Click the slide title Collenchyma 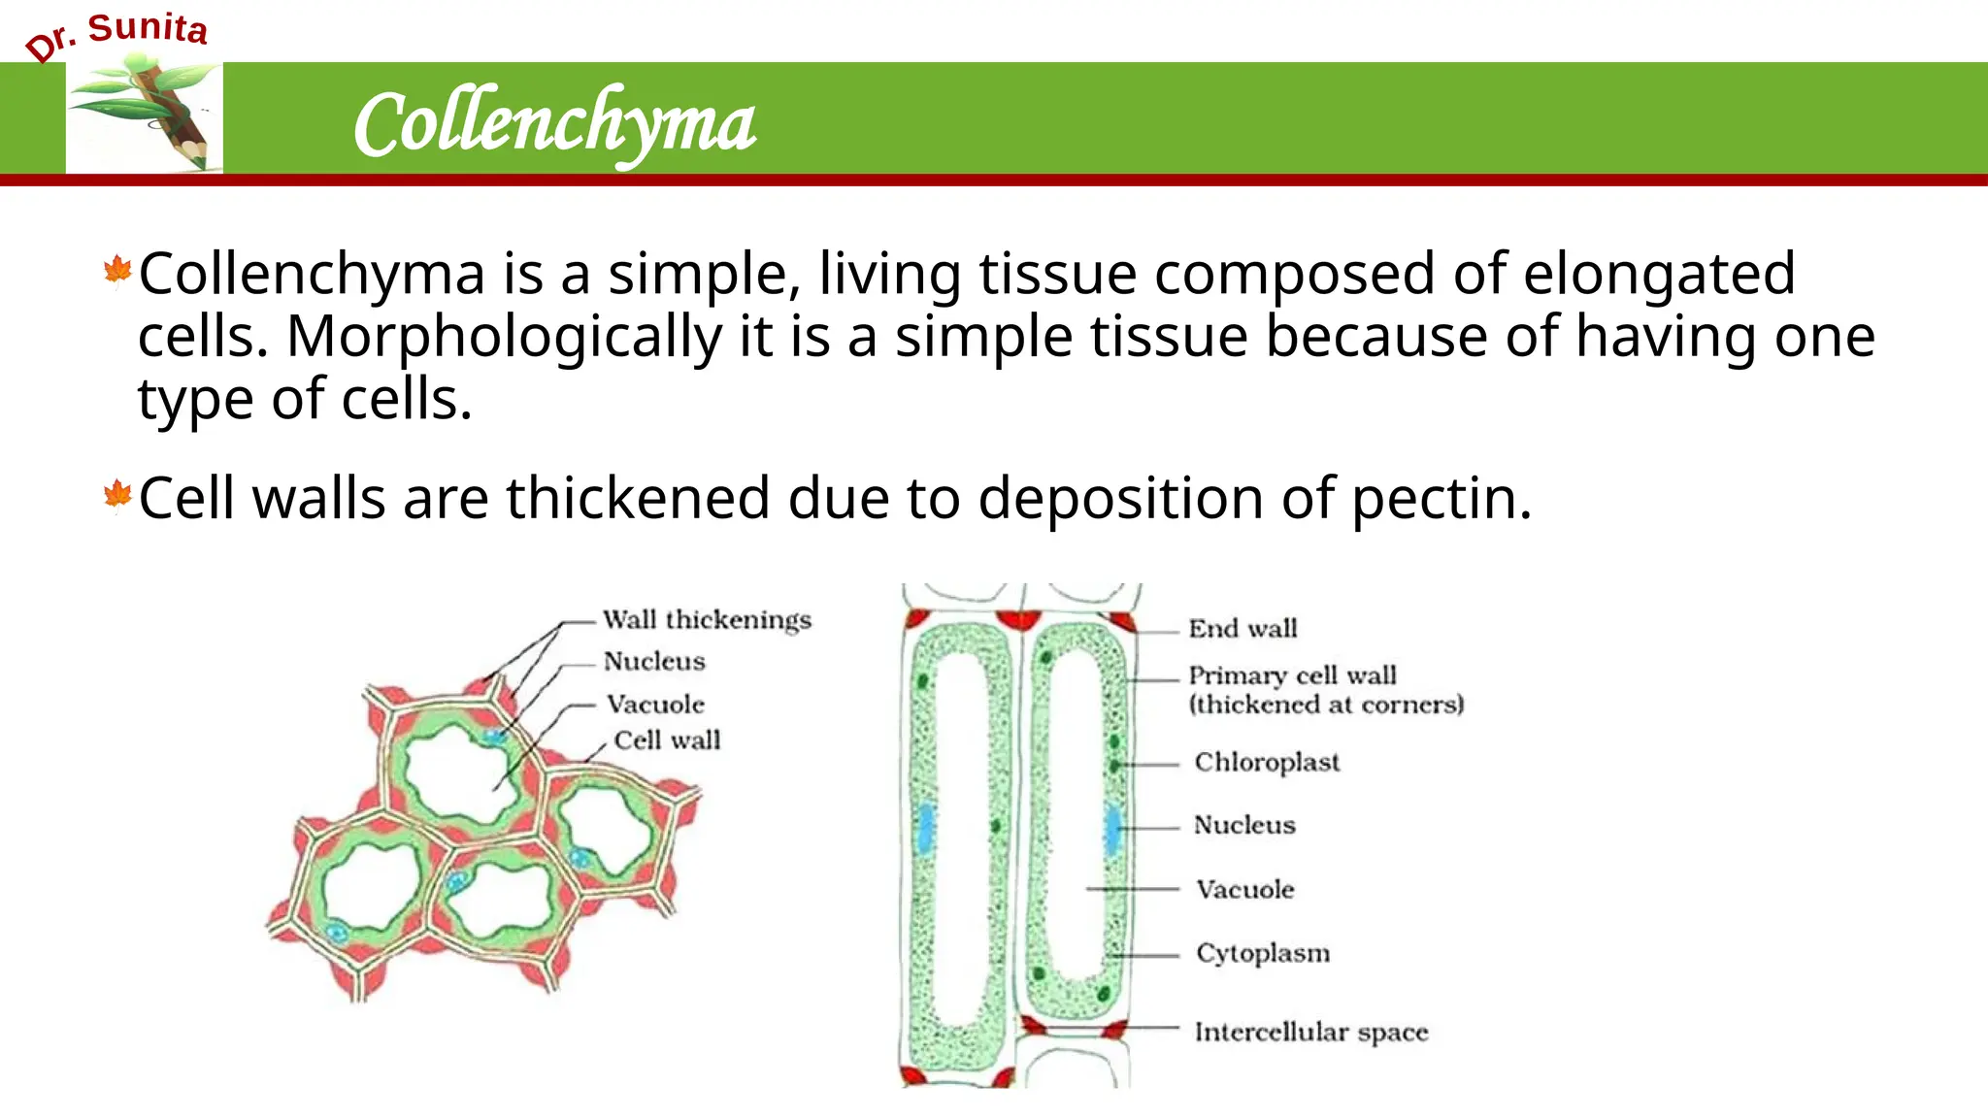point(554,124)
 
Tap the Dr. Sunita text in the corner point(116,36)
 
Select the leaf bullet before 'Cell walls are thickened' point(117,495)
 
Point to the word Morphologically point(504,337)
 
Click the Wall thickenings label point(707,620)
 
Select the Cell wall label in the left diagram point(667,740)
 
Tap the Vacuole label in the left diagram point(655,704)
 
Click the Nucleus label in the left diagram point(654,662)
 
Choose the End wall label point(1242,629)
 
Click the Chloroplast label point(1267,763)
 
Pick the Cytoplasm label point(1263,953)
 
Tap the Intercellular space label point(1311,1032)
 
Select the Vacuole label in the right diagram point(1245,890)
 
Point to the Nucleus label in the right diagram point(1244,825)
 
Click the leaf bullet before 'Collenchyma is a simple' point(117,271)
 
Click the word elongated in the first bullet point(1659,274)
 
